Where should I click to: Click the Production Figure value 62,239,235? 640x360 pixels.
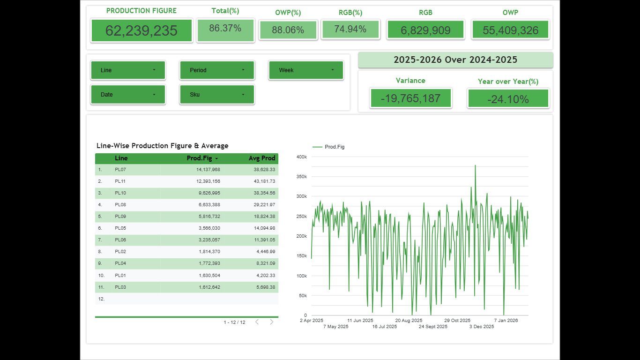(141, 31)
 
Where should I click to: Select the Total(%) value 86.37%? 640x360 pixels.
(225, 29)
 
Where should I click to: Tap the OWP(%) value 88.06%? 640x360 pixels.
(288, 30)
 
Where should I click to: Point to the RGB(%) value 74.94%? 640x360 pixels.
(350, 29)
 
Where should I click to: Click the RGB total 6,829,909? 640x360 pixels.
(425, 30)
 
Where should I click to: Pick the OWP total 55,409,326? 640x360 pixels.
(510, 30)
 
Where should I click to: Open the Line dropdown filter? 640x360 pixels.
(128, 70)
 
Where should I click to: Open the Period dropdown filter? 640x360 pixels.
(217, 70)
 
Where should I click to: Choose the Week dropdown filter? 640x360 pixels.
(306, 70)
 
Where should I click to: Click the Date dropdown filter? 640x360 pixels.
(128, 95)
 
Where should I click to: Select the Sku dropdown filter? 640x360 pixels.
(217, 95)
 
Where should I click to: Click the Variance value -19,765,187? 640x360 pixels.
(410, 98)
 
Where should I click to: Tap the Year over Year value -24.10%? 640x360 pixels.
(508, 99)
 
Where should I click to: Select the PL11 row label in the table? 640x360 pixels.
(120, 181)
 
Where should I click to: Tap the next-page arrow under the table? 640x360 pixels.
(271, 322)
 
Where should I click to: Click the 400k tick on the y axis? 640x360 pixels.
(302, 157)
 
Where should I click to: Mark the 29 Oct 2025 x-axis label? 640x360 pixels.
(457, 321)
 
